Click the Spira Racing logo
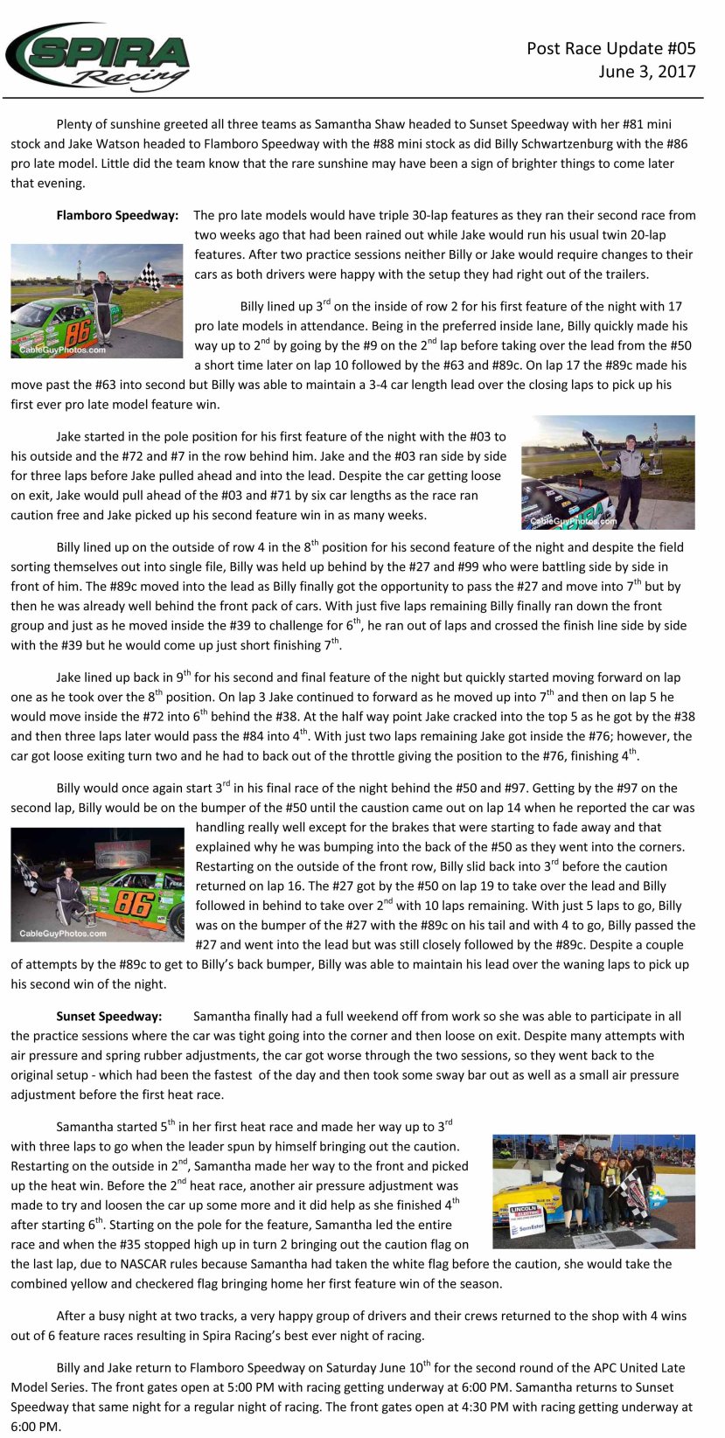pyautogui.click(x=98, y=57)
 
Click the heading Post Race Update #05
pyautogui.click(x=610, y=48)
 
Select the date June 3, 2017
pyautogui.click(x=646, y=72)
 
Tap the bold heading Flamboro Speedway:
pyautogui.click(x=117, y=215)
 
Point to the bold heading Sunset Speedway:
pyautogui.click(x=109, y=1016)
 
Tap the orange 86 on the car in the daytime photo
pyautogui.click(x=77, y=330)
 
